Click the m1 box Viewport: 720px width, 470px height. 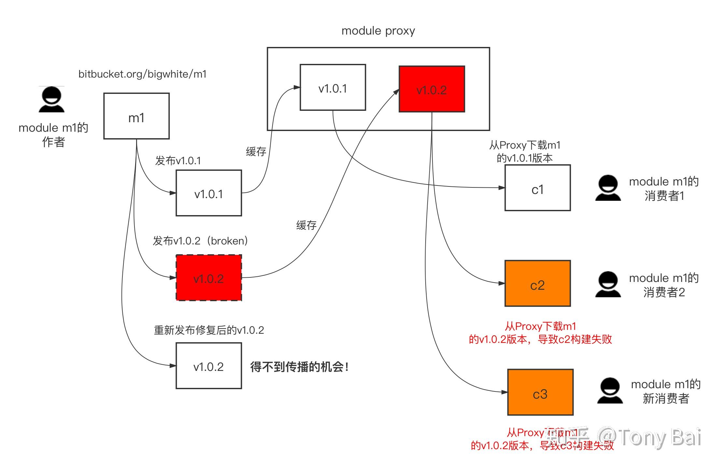136,116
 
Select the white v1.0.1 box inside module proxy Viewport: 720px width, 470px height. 333,87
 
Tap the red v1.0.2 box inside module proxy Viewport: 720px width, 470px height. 432,89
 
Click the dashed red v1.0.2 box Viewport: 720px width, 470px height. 209,278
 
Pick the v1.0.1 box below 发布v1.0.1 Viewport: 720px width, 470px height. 209,193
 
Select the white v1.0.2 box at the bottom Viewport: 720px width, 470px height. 209,366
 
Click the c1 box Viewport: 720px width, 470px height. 538,188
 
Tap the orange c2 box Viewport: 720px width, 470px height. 538,283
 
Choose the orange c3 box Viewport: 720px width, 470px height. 540,392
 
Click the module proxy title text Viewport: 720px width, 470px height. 378,31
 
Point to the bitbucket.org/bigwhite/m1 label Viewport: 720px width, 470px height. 142,74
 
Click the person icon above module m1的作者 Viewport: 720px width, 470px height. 51,100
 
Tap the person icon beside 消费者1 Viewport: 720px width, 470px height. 608,188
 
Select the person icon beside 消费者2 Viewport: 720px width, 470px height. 608,285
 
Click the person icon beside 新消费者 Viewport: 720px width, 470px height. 610,391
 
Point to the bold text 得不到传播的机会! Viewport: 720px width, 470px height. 299,367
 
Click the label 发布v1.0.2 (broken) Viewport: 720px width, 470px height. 201,241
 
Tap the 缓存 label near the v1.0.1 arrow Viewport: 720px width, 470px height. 256,152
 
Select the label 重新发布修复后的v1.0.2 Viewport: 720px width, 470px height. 209,330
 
